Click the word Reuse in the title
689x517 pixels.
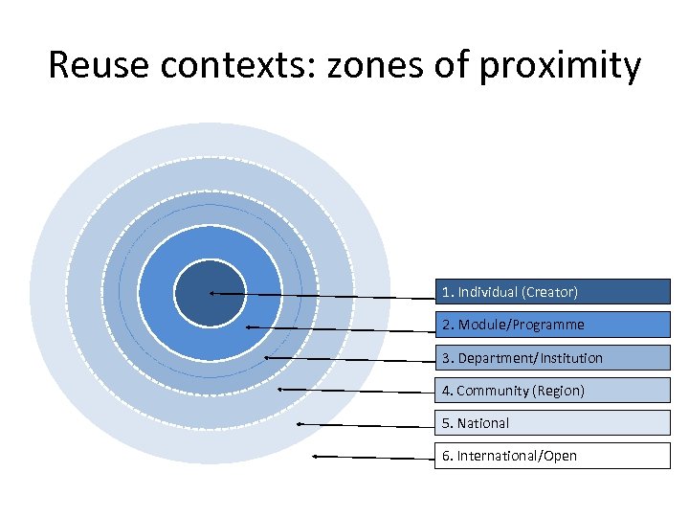pos(99,66)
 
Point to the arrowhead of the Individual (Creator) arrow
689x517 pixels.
pos(211,293)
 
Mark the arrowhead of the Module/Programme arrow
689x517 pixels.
pos(248,327)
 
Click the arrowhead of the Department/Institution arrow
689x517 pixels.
pos(266,357)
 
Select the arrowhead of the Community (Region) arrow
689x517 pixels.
pos(280,390)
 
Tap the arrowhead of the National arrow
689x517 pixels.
pos(300,422)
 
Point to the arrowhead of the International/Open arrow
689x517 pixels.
pos(316,457)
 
